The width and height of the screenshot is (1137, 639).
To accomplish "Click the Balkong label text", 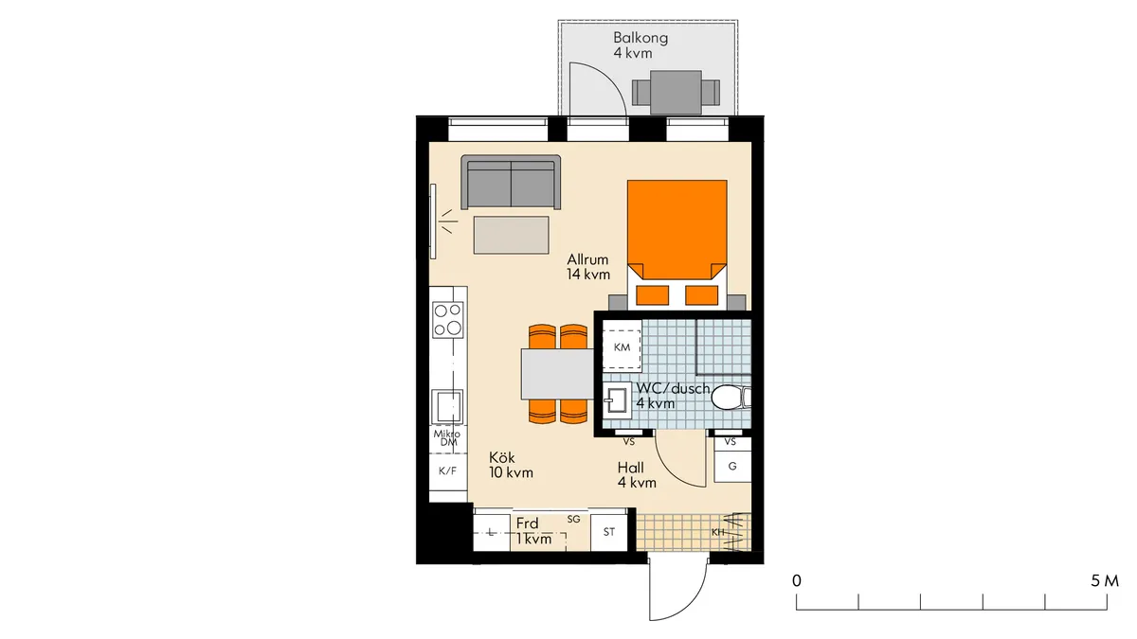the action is [641, 38].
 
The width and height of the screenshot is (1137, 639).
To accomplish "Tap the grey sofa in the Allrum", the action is [511, 182].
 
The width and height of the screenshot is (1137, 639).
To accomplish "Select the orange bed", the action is [677, 243].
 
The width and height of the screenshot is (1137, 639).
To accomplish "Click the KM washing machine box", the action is [622, 347].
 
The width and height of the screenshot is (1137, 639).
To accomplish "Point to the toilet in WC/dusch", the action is [731, 397].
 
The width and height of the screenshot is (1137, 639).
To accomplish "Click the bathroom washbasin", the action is [617, 400].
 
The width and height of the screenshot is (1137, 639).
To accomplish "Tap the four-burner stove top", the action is [447, 320].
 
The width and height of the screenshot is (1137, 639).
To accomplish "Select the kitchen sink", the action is [447, 407].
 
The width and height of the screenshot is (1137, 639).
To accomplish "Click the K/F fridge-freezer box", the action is [447, 471].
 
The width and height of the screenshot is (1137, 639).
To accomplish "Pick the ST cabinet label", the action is [609, 531].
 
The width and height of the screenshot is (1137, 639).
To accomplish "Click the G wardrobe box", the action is [732, 466].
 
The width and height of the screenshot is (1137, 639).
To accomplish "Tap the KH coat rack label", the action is [718, 532].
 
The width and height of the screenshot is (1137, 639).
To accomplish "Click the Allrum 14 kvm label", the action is [588, 267].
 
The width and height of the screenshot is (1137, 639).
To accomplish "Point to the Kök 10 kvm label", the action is [511, 465].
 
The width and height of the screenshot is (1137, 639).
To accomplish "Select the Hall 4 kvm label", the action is [637, 474].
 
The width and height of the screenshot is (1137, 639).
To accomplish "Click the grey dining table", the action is [557, 374].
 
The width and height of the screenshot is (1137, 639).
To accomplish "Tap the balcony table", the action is [677, 93].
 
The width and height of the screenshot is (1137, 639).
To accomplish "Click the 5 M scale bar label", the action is [1105, 580].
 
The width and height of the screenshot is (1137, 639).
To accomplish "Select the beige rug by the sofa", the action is [511, 235].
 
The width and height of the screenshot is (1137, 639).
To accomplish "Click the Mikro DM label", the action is [447, 438].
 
